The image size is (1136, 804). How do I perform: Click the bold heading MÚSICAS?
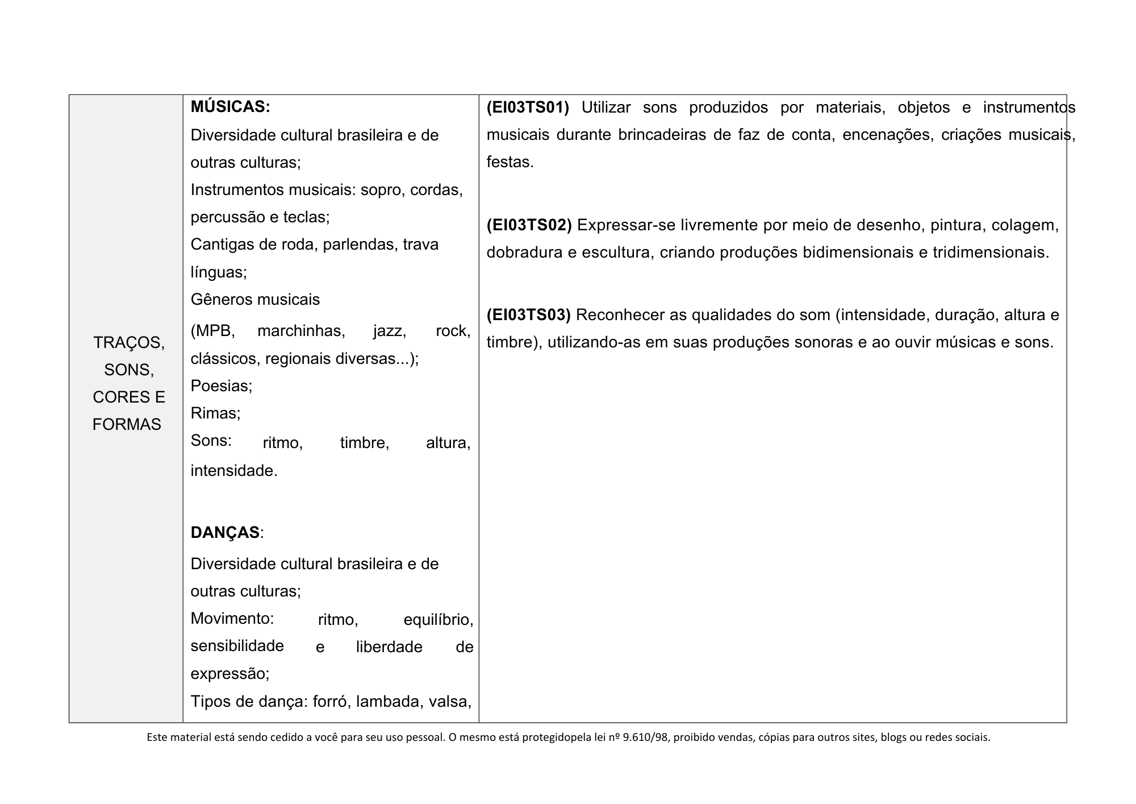pos(230,107)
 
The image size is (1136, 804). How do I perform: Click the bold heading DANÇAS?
pos(225,533)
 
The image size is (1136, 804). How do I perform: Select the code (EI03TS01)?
pos(528,107)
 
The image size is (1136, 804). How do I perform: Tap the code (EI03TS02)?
pos(529,225)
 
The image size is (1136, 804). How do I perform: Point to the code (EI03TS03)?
pos(528,315)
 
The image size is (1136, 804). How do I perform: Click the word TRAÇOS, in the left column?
pos(129,343)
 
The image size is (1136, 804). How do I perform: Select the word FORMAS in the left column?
pos(127,425)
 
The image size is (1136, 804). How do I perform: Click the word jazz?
pos(390,331)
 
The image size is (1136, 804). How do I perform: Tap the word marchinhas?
pos(301,331)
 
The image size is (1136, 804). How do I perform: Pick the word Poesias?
pos(222,386)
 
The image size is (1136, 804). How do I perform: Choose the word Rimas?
pos(215,413)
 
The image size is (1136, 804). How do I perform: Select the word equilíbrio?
pos(438,620)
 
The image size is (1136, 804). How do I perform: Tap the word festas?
pos(510,163)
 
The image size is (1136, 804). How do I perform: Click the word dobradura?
pos(524,252)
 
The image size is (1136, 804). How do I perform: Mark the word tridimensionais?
pos(991,252)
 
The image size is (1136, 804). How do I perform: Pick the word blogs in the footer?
pos(893,738)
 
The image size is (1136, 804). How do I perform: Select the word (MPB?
pos(212,331)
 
